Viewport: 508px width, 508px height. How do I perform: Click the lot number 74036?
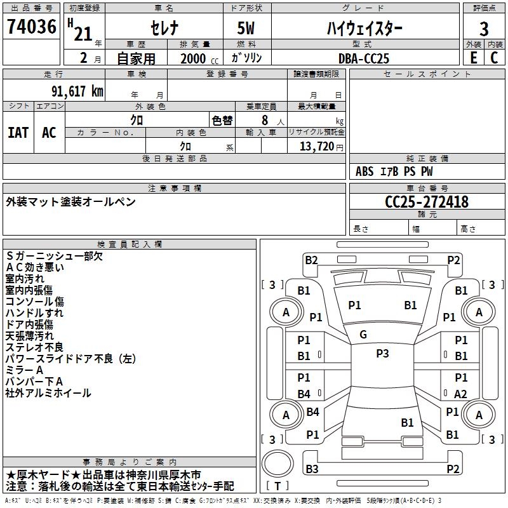click(x=31, y=28)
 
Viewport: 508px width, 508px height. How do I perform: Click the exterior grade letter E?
click(x=472, y=57)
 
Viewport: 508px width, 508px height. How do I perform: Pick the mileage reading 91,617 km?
click(x=72, y=91)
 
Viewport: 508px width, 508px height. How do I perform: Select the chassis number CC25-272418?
click(x=427, y=202)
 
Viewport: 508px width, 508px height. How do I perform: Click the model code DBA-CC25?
click(x=363, y=58)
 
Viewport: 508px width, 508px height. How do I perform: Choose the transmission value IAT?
click(x=18, y=132)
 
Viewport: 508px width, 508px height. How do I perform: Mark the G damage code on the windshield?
click(x=363, y=334)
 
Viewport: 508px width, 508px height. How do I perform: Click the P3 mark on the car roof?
click(x=382, y=354)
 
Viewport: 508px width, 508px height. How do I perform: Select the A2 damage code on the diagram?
click(x=460, y=394)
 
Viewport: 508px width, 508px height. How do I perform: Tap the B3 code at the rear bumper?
click(x=312, y=469)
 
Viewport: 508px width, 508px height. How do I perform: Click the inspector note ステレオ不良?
click(x=34, y=347)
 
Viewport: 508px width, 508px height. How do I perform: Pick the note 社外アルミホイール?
click(x=48, y=393)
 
